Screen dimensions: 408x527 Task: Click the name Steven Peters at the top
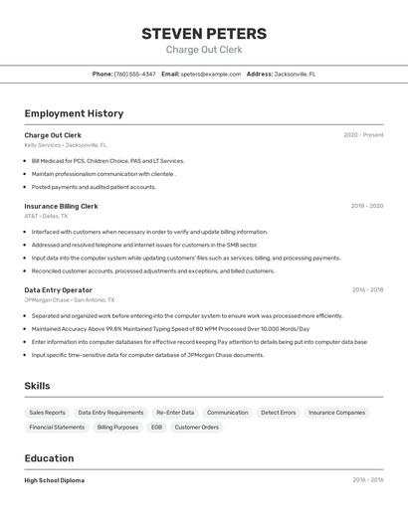[204, 33]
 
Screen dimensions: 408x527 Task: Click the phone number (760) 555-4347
[134, 74]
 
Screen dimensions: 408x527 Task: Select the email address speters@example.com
[210, 74]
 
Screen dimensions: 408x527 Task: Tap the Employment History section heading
[74, 113]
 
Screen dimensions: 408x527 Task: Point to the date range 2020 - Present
[363, 135]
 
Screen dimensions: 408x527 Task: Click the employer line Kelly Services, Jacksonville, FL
[66, 145]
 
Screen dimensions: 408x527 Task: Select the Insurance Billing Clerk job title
[61, 206]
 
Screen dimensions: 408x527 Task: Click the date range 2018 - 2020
[366, 206]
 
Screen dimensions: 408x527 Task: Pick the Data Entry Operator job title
[58, 290]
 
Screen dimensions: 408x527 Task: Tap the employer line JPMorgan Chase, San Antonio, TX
[70, 299]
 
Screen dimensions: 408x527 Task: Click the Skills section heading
[38, 386]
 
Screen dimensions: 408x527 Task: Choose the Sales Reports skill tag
[48, 413]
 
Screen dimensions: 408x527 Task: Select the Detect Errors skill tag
[279, 413]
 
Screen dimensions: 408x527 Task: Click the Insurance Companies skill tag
[336, 413]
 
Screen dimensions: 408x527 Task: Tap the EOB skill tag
[156, 428]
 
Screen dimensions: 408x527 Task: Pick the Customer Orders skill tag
[196, 428]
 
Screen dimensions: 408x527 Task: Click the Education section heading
[49, 458]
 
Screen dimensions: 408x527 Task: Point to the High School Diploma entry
[55, 480]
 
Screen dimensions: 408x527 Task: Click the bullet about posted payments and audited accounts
[94, 186]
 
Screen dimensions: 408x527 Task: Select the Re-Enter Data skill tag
[175, 413]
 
